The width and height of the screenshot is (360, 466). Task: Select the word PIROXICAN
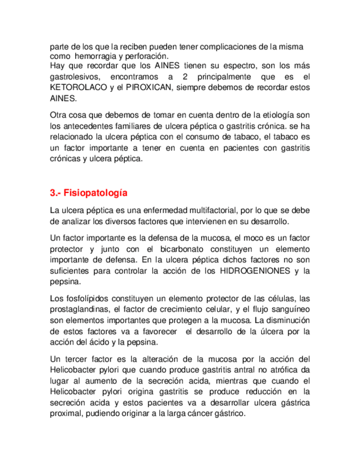coord(146,87)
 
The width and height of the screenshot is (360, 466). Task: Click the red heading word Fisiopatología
coord(96,193)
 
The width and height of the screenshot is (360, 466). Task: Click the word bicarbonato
coord(187,249)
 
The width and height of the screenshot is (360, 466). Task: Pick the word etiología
coord(273,115)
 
